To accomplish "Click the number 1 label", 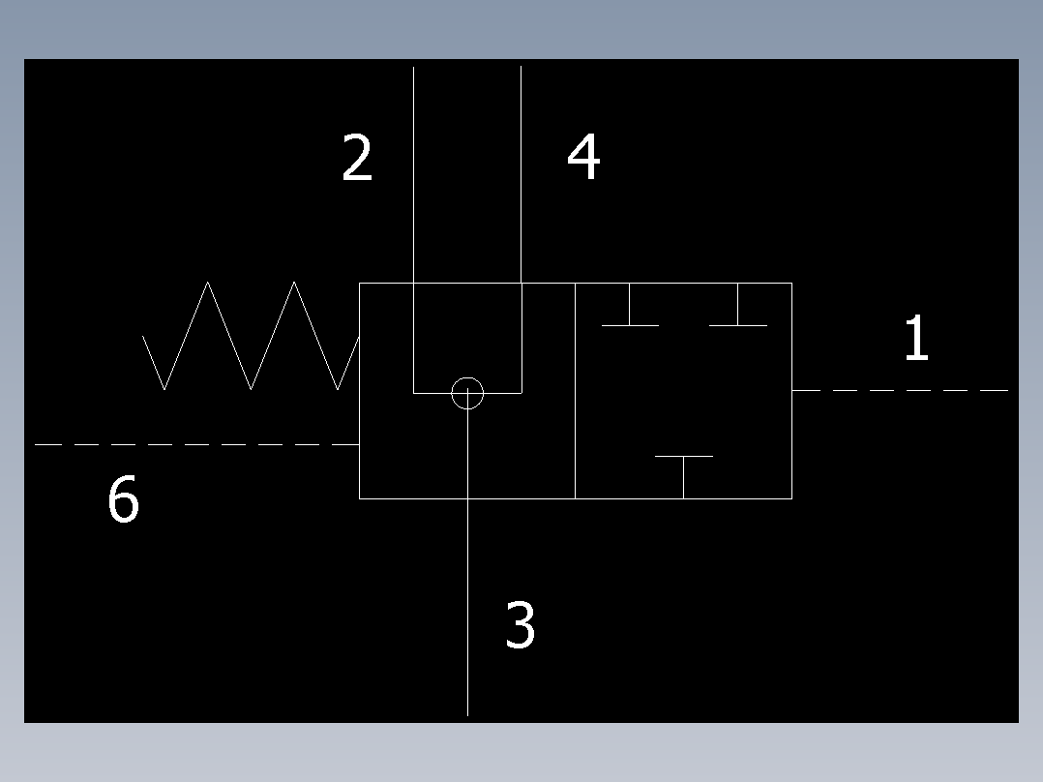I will [x=915, y=339].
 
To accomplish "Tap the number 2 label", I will [x=357, y=159].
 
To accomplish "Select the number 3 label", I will [x=520, y=624].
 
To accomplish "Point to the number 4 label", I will [x=583, y=158].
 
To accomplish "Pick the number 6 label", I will [x=123, y=501].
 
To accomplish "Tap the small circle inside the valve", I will [x=467, y=393].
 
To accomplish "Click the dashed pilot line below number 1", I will [x=900, y=390].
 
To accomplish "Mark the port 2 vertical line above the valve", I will [x=414, y=174].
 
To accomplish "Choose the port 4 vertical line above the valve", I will [x=521, y=174].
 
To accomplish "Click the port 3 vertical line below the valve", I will [x=467, y=610].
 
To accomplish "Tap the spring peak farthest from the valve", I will [x=208, y=283].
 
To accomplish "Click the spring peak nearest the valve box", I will [x=293, y=283].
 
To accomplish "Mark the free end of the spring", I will [x=143, y=337].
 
